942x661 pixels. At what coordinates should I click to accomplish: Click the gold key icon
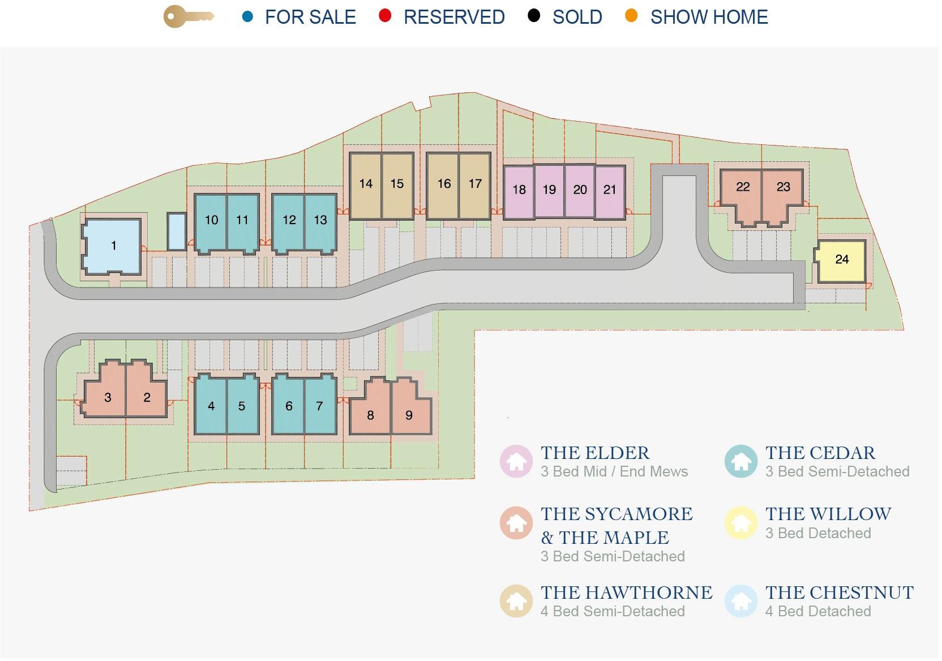[x=189, y=17]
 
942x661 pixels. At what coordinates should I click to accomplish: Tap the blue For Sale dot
[x=248, y=17]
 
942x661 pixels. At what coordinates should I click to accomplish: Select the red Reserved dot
[x=385, y=16]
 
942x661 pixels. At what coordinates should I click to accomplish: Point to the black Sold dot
[x=534, y=16]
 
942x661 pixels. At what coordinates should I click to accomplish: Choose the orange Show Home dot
[x=631, y=16]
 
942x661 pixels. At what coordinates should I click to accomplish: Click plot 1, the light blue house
[x=112, y=246]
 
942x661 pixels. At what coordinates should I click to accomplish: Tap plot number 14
[x=366, y=186]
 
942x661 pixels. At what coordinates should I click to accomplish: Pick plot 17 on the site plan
[x=475, y=186]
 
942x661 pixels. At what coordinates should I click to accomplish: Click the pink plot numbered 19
[x=549, y=192]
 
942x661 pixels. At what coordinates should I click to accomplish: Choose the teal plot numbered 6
[x=288, y=405]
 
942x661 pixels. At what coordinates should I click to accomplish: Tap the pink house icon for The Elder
[x=516, y=461]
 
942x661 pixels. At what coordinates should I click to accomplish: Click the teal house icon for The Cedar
[x=740, y=461]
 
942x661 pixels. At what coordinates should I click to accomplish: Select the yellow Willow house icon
[x=740, y=523]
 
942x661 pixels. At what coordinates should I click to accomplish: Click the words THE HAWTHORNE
[x=627, y=593]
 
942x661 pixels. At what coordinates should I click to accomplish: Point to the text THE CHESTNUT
[x=840, y=593]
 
